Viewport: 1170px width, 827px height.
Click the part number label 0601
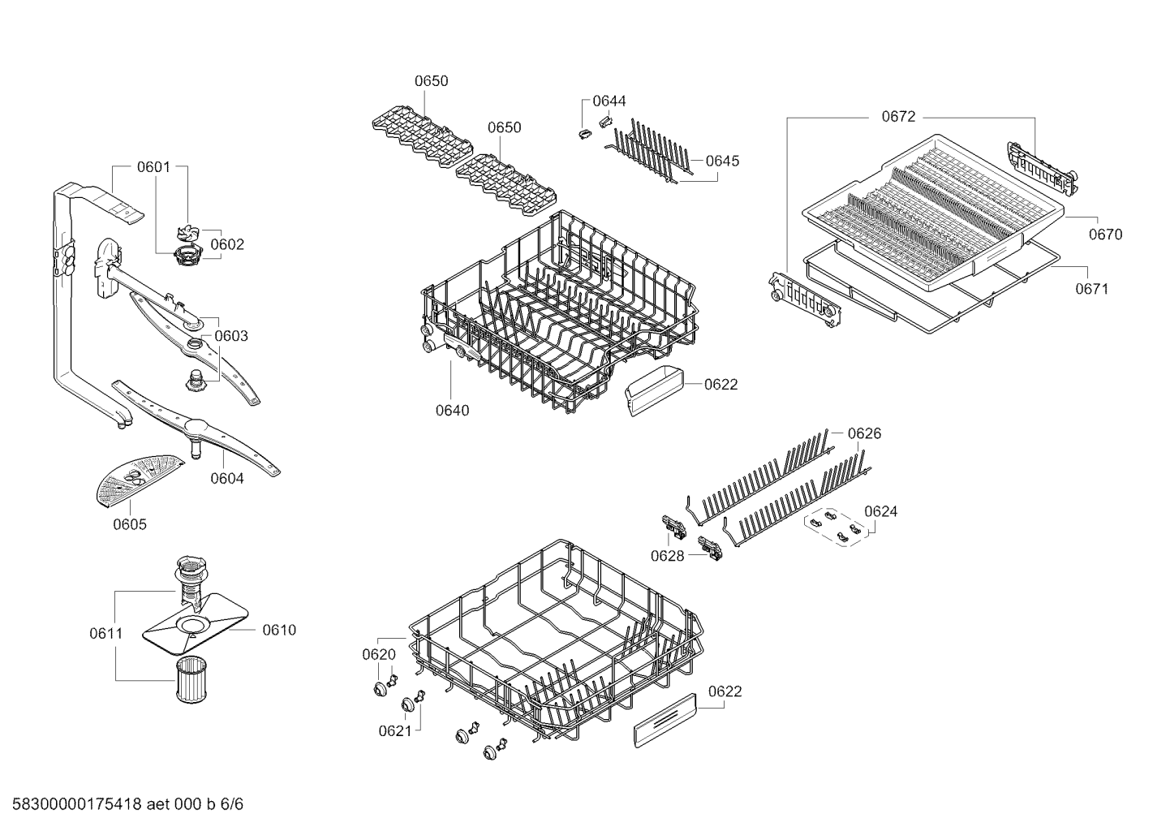click(153, 167)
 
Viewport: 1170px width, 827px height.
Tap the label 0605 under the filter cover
click(130, 524)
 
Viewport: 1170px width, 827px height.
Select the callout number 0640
click(452, 411)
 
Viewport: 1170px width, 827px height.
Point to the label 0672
click(898, 117)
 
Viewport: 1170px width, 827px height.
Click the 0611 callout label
click(106, 634)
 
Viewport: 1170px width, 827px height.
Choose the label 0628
click(668, 557)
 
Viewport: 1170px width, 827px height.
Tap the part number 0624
click(880, 511)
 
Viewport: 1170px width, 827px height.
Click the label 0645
click(722, 161)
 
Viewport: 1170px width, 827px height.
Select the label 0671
click(1091, 288)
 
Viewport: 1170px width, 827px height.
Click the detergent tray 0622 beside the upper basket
click(654, 391)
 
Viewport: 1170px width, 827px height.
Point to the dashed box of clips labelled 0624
click(836, 528)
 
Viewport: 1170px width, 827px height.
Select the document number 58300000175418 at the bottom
click(77, 804)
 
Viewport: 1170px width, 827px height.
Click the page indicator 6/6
click(231, 804)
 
